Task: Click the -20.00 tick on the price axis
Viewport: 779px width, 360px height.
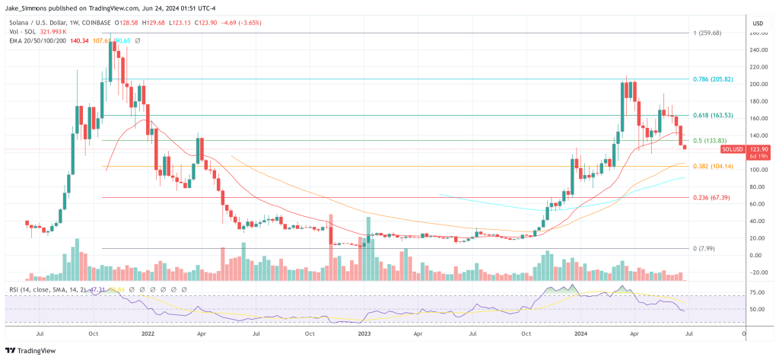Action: [x=756, y=272]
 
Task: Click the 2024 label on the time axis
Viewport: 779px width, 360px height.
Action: [x=581, y=333]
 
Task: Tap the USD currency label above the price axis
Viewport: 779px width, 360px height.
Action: [x=757, y=23]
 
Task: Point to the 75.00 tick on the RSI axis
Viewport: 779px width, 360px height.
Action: [x=756, y=292]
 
